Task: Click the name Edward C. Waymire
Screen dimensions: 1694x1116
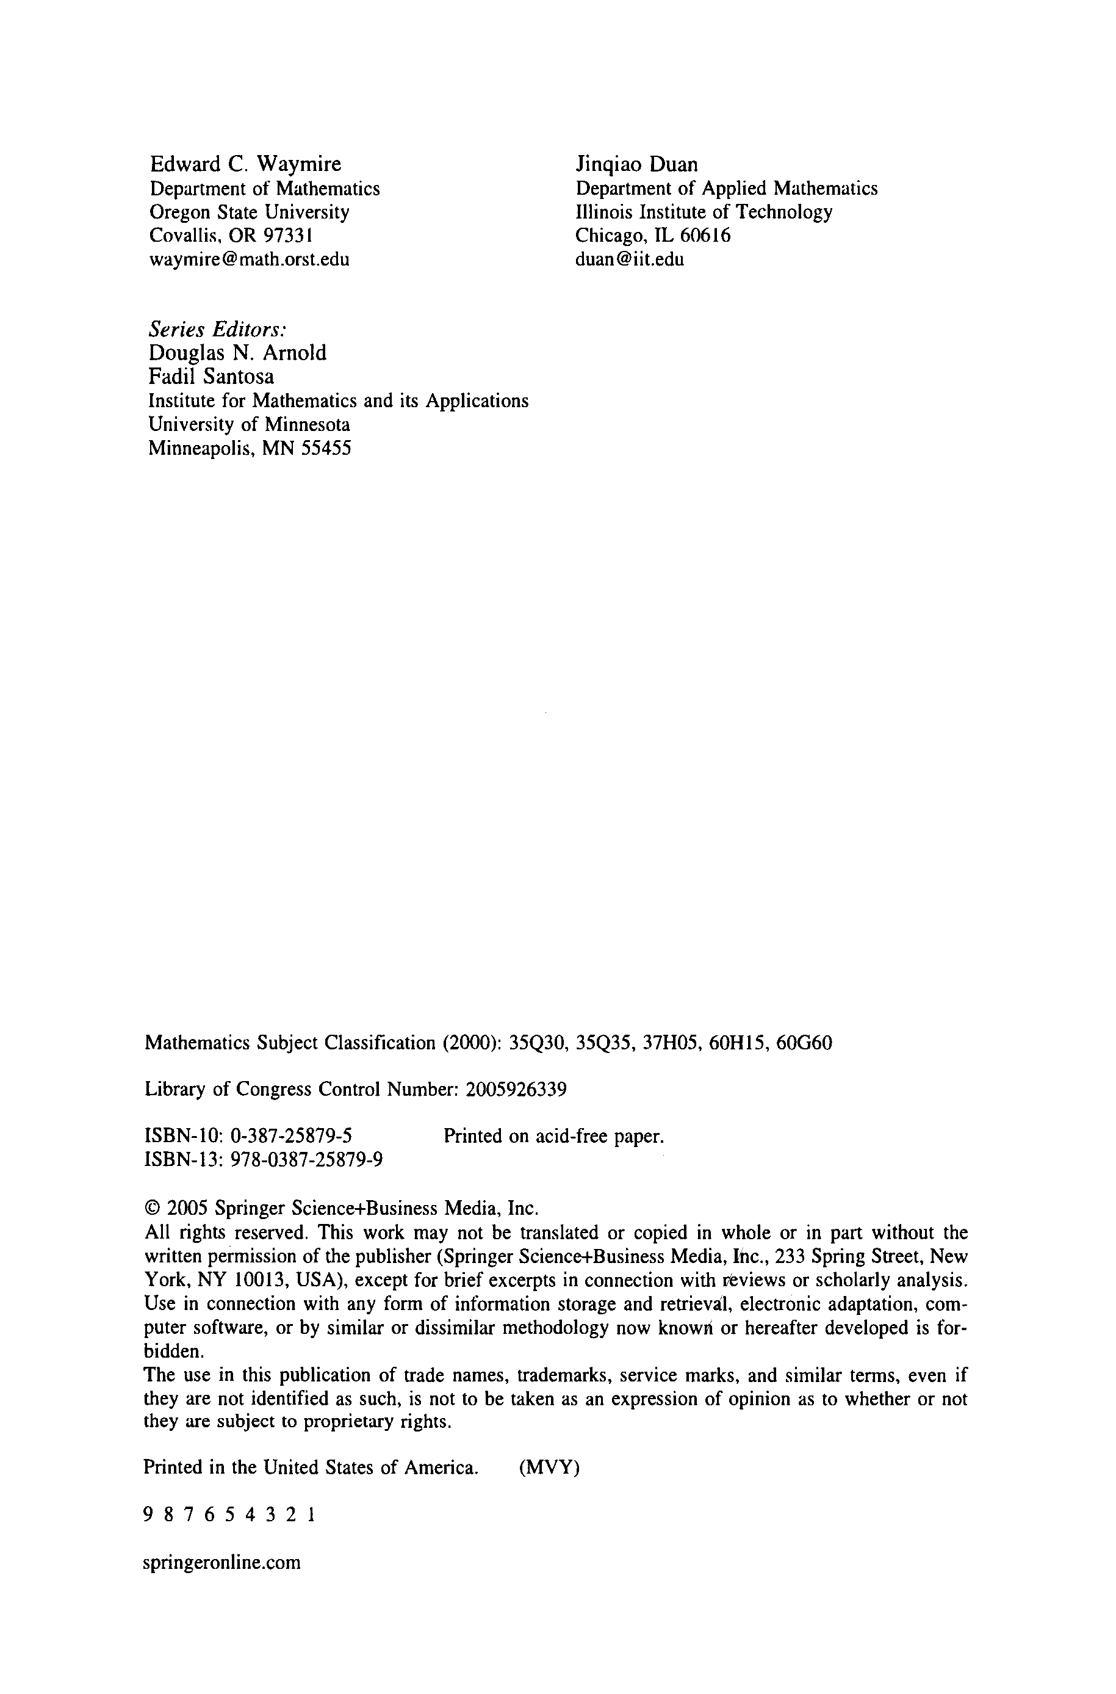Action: (245, 164)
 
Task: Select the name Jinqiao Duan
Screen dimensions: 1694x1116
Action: (636, 164)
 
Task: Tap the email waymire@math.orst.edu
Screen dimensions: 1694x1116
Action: (249, 259)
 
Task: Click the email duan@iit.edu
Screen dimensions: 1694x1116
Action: (629, 259)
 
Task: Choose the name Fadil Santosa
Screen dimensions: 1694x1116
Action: (211, 376)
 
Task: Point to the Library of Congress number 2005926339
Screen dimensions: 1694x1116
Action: (516, 1090)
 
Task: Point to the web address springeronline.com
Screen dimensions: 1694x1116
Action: (222, 1562)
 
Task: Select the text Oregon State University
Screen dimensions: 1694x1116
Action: (249, 212)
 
